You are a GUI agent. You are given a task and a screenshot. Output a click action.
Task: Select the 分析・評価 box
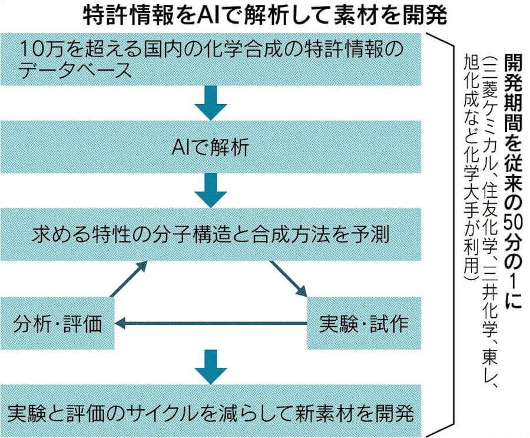[x=58, y=323]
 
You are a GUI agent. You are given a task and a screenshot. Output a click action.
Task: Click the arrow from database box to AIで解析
[x=210, y=104]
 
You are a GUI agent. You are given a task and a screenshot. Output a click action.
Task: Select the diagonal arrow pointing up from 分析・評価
[x=128, y=278]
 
